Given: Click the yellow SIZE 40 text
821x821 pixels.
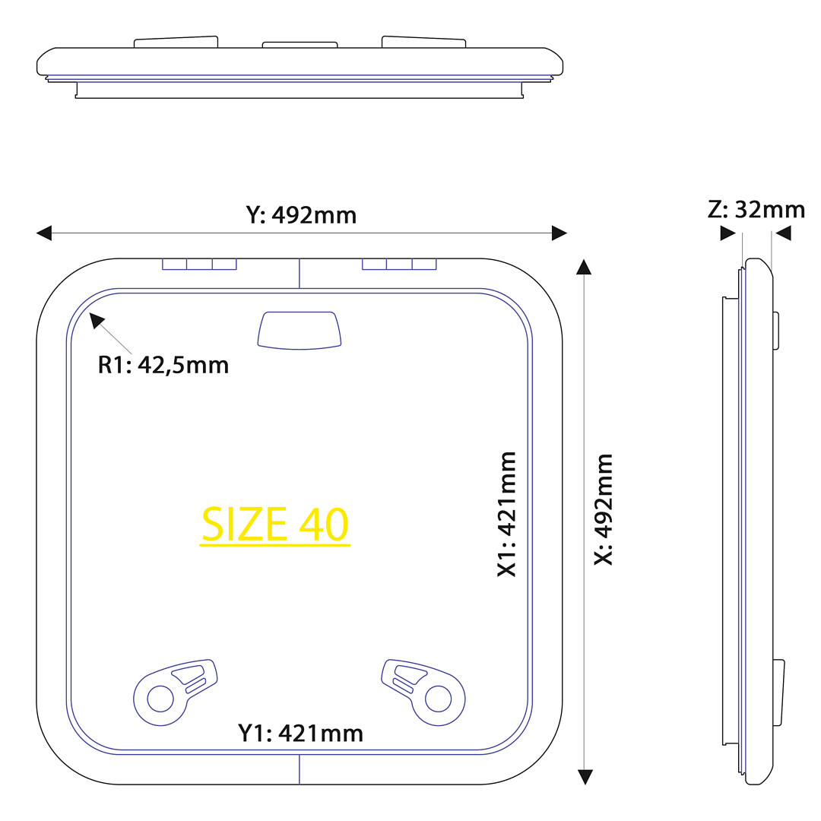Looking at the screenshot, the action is point(275,524).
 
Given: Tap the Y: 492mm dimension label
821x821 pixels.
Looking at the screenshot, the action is point(301,215).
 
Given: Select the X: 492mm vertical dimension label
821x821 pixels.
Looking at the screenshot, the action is point(603,509).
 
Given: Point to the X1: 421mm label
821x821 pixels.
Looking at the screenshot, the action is point(506,514).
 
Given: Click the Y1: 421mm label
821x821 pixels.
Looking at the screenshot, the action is point(300,733).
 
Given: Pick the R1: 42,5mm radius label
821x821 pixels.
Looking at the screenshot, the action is point(163,365).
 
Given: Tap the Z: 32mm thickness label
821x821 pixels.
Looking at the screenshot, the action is point(756,210).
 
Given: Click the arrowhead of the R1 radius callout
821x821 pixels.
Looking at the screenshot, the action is point(97,320).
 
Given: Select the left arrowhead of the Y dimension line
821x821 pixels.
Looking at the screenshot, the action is point(44,233).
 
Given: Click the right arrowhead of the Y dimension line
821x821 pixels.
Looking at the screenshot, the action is point(559,233).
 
